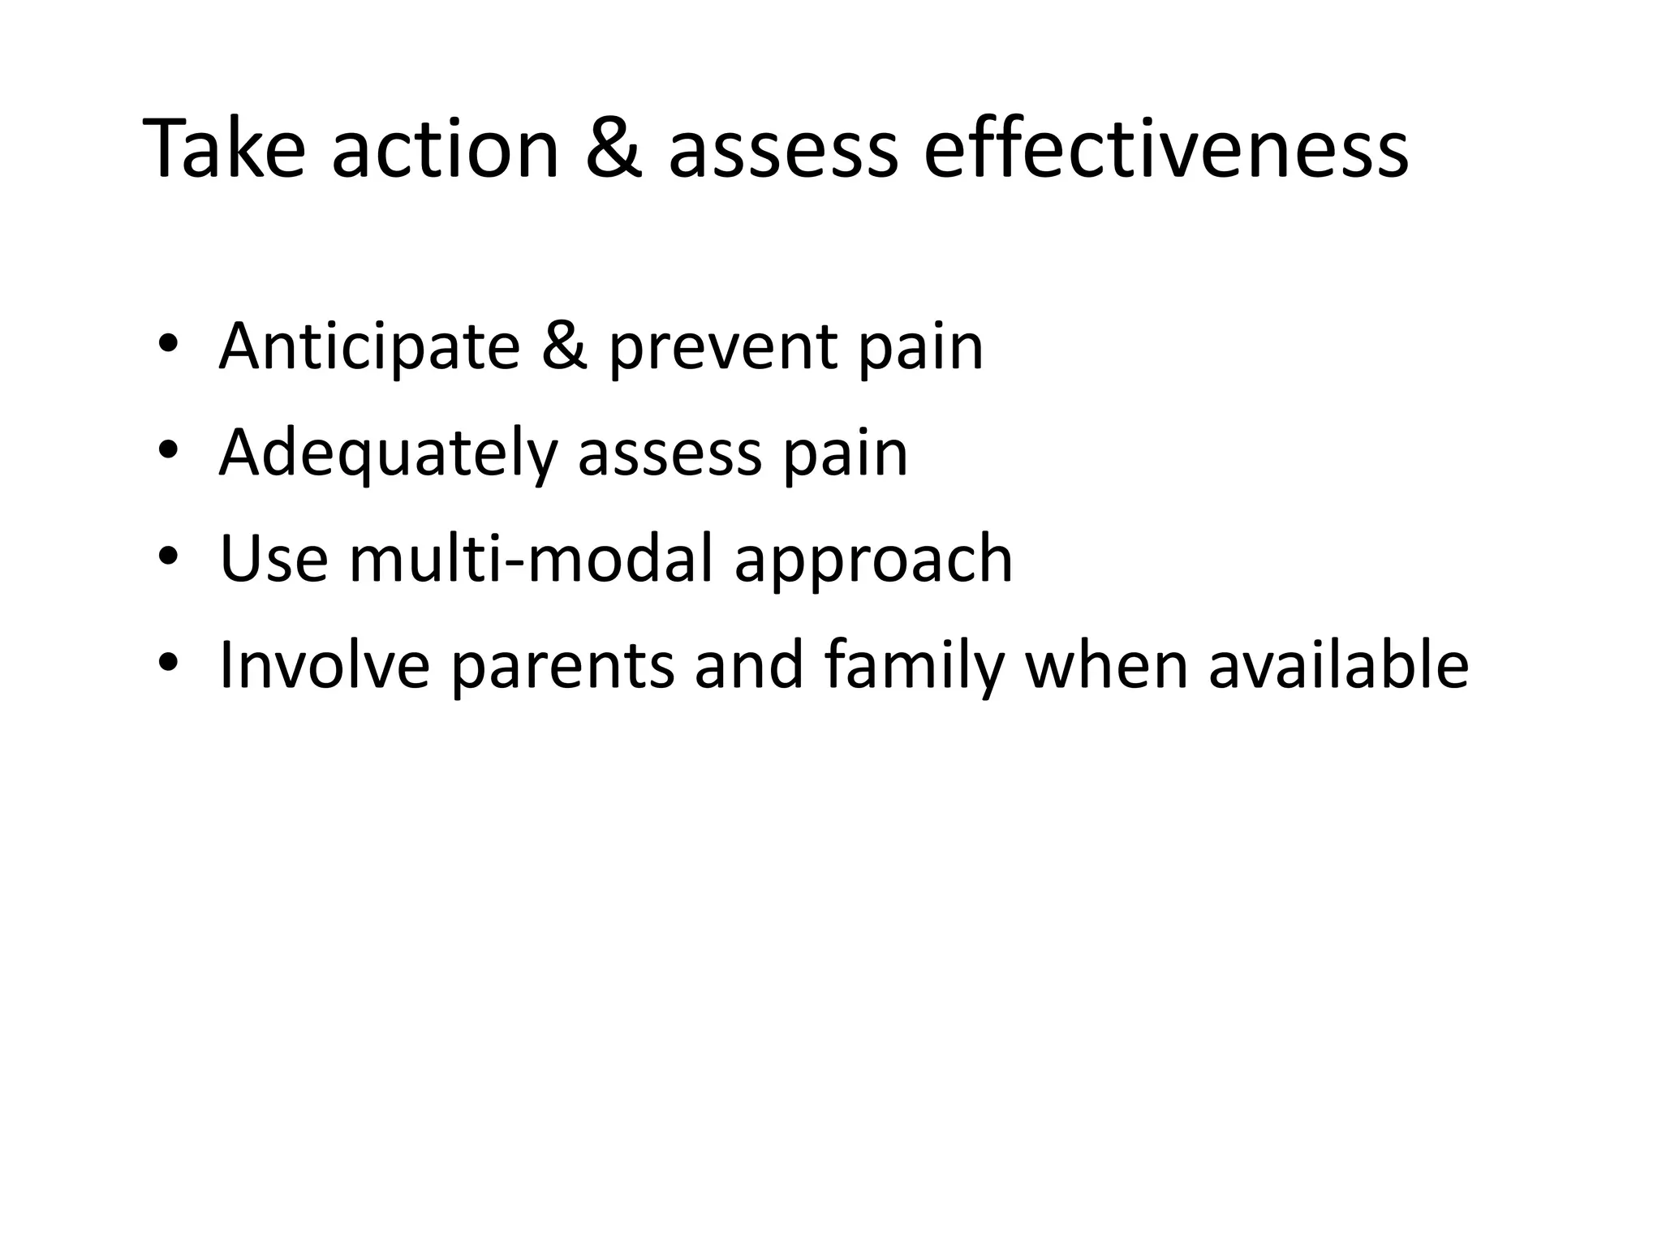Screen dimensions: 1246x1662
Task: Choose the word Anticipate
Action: [369, 346]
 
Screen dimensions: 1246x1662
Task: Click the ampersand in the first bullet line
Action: [563, 346]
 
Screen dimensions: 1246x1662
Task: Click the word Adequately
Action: [388, 453]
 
